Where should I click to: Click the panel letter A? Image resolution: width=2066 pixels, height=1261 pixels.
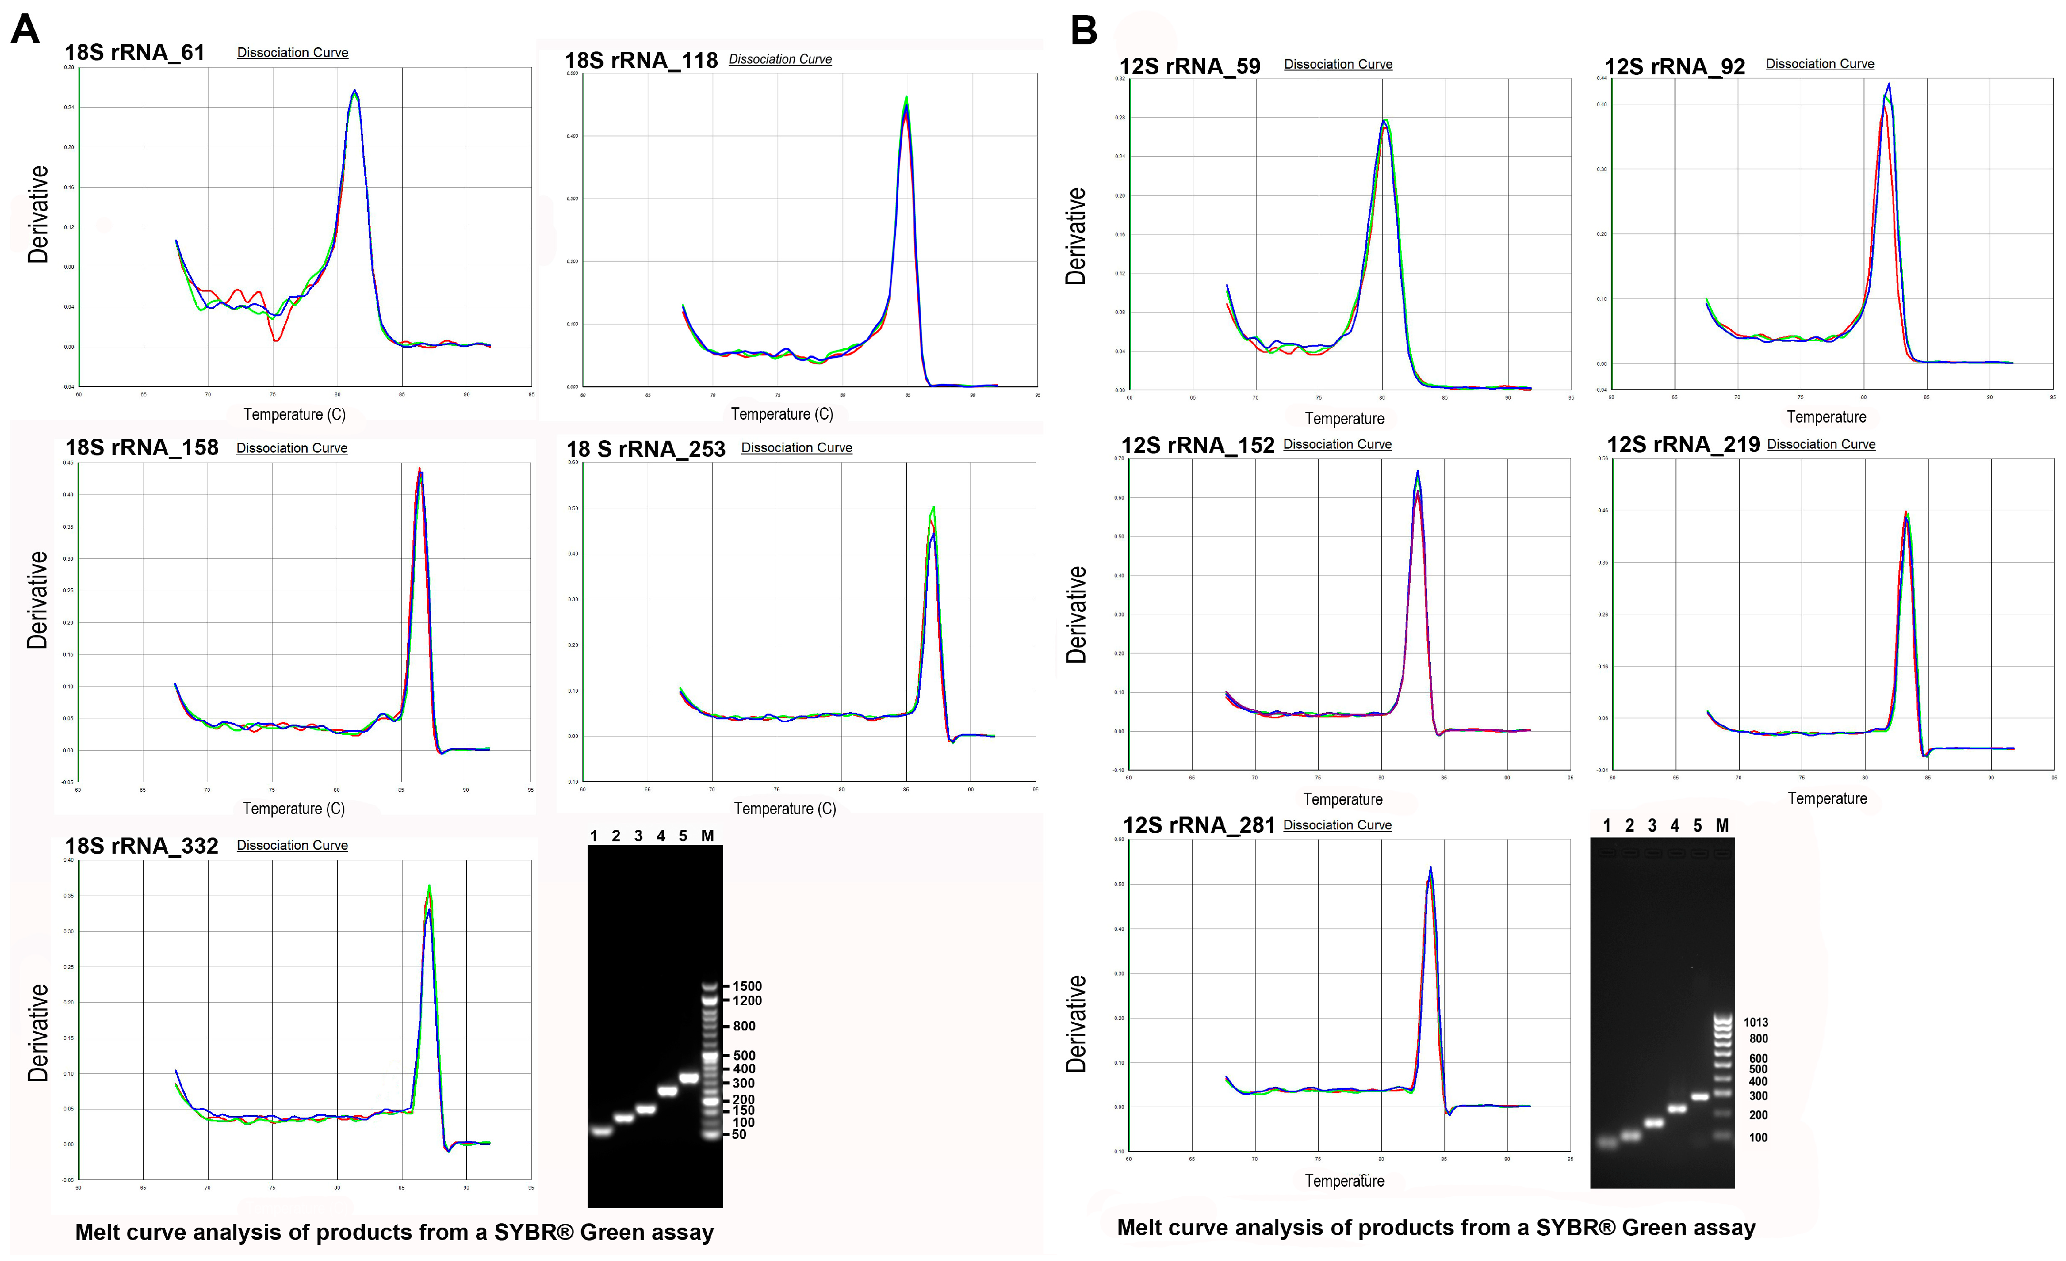pos(25,30)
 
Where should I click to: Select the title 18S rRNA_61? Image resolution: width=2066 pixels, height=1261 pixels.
pos(135,53)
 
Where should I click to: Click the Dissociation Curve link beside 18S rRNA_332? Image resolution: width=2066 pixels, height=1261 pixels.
pos(292,845)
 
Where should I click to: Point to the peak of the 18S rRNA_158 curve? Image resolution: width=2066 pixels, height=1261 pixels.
pos(419,470)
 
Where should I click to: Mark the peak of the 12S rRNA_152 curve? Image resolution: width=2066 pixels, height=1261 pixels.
pos(1417,472)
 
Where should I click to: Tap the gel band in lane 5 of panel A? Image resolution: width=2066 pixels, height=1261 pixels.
pos(688,1078)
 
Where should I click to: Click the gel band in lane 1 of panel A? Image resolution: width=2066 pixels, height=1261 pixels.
pos(601,1131)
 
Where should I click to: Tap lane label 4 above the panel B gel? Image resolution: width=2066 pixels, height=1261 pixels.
pos(1675,826)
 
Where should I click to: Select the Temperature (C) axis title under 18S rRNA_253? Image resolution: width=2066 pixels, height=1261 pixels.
pos(785,808)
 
